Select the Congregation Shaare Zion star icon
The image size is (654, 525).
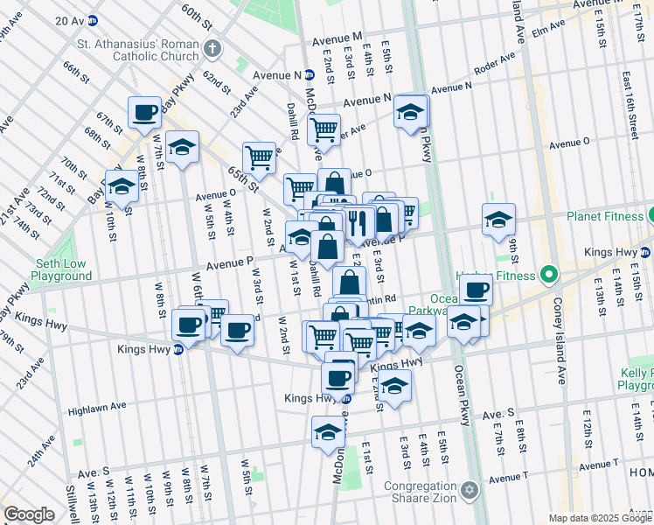tap(470, 488)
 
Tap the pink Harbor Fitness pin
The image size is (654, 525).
tap(549, 275)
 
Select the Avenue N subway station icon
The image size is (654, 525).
tap(310, 75)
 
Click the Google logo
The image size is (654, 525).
tap(30, 514)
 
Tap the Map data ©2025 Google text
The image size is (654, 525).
tap(599, 518)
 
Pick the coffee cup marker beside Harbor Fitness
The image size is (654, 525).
tap(476, 290)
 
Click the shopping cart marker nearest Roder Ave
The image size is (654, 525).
tap(324, 130)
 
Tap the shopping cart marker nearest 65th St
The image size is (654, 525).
tap(259, 157)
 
